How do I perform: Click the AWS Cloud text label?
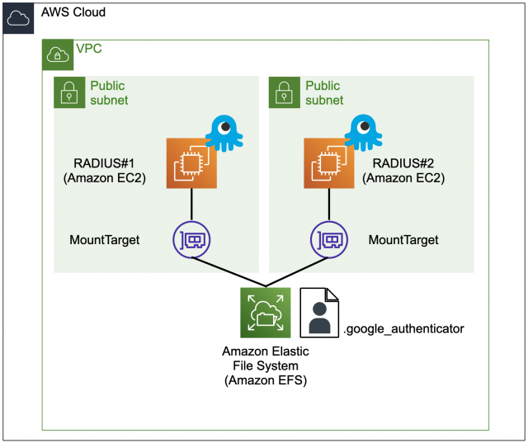(x=73, y=14)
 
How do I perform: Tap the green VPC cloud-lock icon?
(x=58, y=54)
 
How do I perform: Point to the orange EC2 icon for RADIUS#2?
(x=329, y=163)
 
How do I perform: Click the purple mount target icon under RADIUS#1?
(x=192, y=239)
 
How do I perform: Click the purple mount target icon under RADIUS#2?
(x=329, y=239)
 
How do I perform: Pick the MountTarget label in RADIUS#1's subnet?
(x=105, y=240)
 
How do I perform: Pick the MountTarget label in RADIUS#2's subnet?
(x=403, y=240)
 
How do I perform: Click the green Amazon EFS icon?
(x=265, y=313)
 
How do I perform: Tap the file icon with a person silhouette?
(x=319, y=313)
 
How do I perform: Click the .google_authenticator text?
(x=403, y=328)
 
